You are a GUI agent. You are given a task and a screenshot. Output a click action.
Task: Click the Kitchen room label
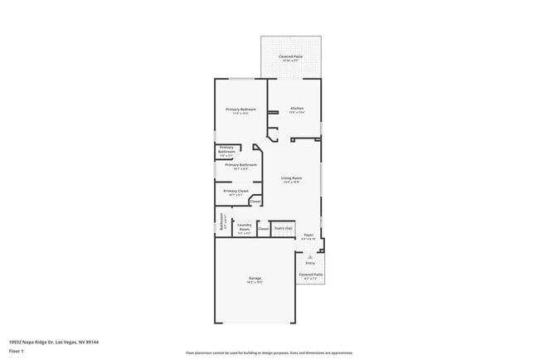[297, 109]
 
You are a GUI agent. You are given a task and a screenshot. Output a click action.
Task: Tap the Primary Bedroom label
[240, 109]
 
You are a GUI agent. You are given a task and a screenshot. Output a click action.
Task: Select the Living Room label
[291, 178]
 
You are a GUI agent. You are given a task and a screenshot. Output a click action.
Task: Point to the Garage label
[255, 278]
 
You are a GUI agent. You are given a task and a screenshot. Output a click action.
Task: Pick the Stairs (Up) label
[284, 227]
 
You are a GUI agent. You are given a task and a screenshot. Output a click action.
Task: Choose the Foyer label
[308, 236]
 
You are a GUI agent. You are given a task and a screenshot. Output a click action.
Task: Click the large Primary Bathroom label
[240, 164]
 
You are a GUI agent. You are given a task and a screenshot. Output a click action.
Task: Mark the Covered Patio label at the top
[290, 56]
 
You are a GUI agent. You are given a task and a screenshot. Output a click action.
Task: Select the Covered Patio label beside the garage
[311, 274]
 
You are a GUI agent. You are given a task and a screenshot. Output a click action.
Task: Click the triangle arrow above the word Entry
[309, 257]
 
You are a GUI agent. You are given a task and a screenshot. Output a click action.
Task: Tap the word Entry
[309, 263]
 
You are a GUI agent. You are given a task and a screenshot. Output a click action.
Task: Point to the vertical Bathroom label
[221, 222]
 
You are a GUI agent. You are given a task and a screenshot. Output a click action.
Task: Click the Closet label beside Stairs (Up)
[263, 228]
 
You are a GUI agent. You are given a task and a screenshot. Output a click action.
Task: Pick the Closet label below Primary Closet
[255, 201]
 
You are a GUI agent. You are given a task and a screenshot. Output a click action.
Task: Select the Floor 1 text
[17, 350]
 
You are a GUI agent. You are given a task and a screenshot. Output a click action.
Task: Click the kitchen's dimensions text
[297, 113]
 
